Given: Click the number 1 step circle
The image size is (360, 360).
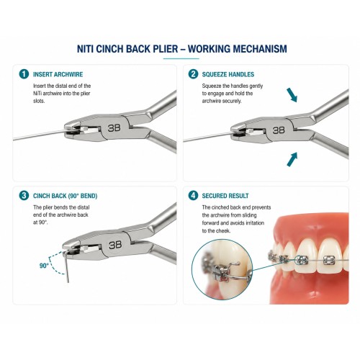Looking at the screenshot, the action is pyautogui.click(x=24, y=74).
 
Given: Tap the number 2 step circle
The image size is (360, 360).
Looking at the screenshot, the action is pyautogui.click(x=193, y=74).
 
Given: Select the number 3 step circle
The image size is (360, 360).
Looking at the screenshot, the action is pyautogui.click(x=24, y=196).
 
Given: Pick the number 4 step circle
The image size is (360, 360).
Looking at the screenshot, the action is pyautogui.click(x=193, y=196).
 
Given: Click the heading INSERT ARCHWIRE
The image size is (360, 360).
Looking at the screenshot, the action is pyautogui.click(x=58, y=74).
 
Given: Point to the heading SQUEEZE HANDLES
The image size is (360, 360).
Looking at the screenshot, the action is pyautogui.click(x=228, y=74).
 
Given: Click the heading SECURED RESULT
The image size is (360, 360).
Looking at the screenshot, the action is pyautogui.click(x=225, y=196).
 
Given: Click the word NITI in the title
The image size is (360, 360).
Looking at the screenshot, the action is pyautogui.click(x=85, y=49).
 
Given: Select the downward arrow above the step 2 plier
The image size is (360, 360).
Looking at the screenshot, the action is pyautogui.click(x=292, y=95).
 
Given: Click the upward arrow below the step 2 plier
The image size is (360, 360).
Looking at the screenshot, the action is pyautogui.click(x=292, y=159).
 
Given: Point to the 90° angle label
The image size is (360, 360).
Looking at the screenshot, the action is pyautogui.click(x=44, y=266).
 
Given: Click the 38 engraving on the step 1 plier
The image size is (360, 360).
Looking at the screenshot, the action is pyautogui.click(x=114, y=128).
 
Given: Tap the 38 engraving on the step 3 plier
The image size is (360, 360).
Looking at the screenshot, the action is pyautogui.click(x=115, y=245).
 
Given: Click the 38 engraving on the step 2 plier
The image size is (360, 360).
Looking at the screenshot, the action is pyautogui.click(x=279, y=130).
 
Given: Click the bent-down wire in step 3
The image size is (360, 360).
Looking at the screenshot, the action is pyautogui.click(x=67, y=266).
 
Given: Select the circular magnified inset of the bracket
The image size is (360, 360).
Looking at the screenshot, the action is pyautogui.click(x=222, y=269).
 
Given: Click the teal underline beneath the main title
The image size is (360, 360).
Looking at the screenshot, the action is pyautogui.click(x=181, y=58).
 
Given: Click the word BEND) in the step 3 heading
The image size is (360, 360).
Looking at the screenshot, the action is pyautogui.click(x=89, y=196).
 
